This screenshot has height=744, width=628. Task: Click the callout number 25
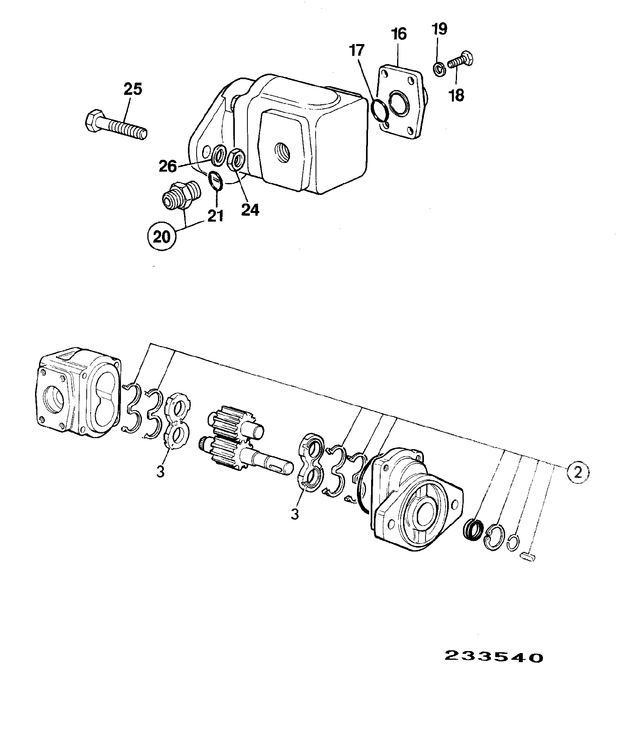133,90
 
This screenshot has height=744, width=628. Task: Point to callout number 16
399,34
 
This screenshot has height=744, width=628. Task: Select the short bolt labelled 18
461,61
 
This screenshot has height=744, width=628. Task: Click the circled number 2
578,473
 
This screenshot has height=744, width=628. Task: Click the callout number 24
250,210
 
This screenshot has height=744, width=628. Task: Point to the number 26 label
168,167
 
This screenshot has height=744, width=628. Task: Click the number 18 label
457,95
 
